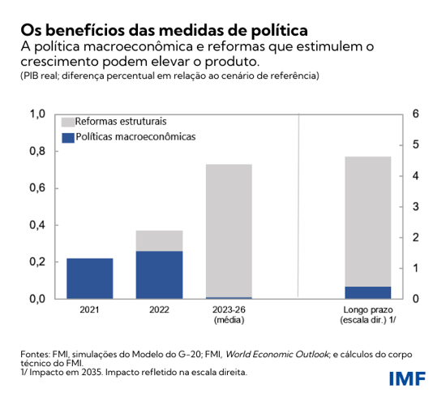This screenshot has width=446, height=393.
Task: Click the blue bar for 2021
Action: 89,279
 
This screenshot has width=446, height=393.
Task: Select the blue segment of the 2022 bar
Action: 159,274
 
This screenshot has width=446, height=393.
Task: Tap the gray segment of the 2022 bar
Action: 159,240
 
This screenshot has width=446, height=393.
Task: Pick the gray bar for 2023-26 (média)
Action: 229,231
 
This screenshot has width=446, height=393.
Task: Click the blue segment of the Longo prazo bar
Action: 367,292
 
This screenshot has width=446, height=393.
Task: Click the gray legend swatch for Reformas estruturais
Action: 68,120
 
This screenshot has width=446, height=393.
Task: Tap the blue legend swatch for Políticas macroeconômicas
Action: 68,137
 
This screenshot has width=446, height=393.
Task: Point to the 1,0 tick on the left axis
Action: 36,114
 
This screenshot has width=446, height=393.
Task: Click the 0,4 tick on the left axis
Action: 36,225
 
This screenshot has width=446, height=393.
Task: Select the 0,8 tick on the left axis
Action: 36,151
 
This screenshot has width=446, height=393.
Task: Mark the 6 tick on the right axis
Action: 416,114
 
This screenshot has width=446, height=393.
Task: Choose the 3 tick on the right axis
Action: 416,206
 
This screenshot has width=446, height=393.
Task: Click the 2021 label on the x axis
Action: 90,309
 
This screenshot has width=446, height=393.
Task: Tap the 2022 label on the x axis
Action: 159,309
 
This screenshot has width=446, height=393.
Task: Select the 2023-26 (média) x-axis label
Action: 229,315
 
